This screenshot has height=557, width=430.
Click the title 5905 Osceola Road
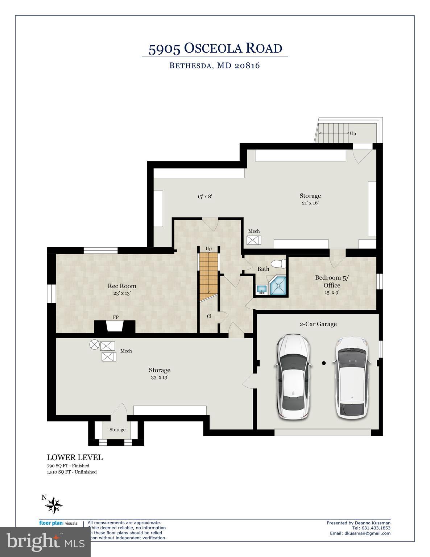coord(215,48)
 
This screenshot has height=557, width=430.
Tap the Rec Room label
coord(122,286)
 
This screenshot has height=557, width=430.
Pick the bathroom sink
coord(262,289)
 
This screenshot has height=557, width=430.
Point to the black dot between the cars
coord(324,363)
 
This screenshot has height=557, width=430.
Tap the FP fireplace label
coord(116,317)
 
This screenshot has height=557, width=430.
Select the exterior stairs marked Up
coord(334,133)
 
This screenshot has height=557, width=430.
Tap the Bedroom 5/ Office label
coord(332,281)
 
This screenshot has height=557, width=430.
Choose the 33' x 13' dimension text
coord(159,377)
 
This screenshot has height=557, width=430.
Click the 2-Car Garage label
coord(318,324)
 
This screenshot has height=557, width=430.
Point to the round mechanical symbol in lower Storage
coord(94,344)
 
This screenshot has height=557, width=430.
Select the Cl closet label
coord(209,316)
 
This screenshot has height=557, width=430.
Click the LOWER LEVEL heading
coord(75,458)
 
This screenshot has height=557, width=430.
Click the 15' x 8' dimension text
coord(204,197)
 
